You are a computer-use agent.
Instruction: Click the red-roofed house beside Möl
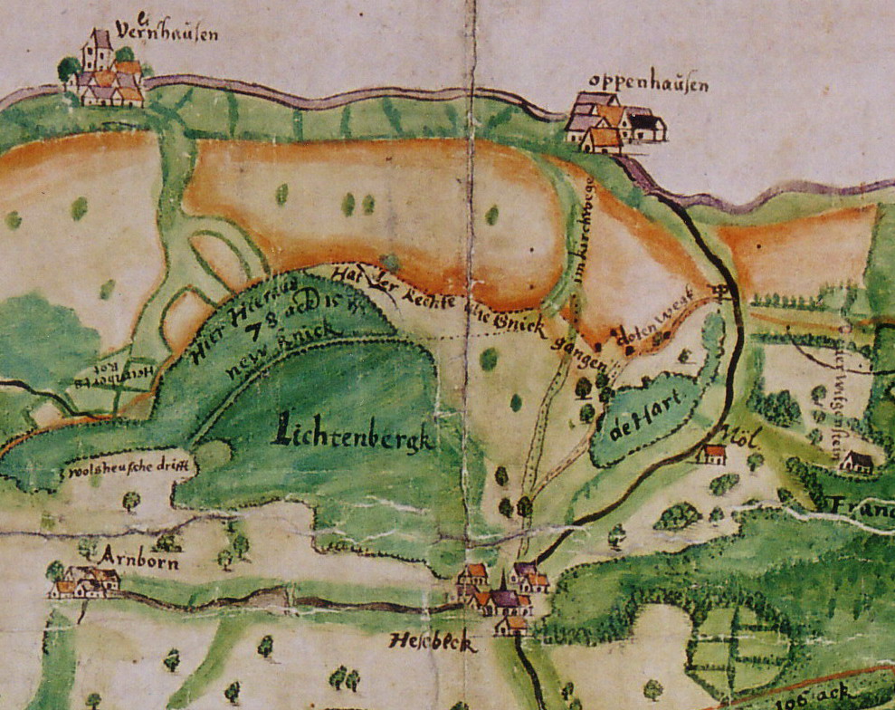[x=714, y=453]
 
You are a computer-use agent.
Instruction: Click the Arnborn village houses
[x=86, y=582]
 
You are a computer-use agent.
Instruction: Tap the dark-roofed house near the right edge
[x=855, y=463]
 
